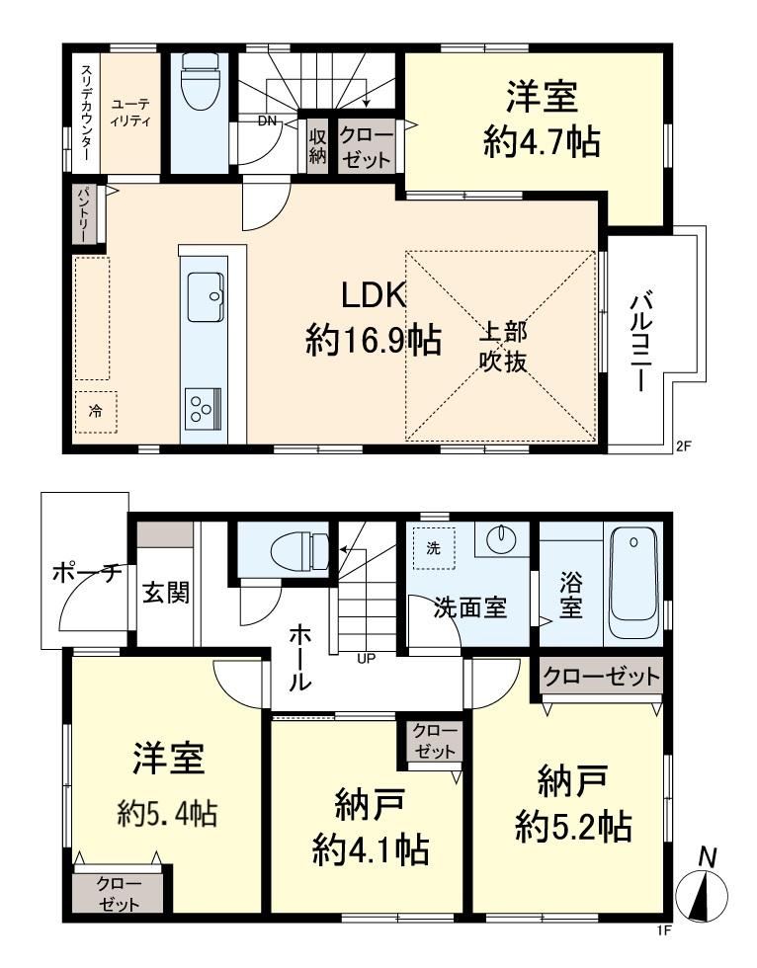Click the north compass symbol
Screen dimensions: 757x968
click(702, 890)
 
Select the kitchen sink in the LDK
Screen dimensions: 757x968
click(206, 295)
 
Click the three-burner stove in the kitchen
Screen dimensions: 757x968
click(204, 407)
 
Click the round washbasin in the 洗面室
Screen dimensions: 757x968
click(501, 539)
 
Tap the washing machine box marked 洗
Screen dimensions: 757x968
click(434, 547)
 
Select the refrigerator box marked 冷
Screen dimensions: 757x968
click(96, 411)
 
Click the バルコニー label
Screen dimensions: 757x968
click(639, 343)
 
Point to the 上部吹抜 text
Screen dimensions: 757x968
click(503, 347)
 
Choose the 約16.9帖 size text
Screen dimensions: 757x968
click(374, 339)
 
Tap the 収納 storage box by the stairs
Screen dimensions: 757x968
click(317, 146)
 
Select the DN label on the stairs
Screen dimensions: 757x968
click(267, 121)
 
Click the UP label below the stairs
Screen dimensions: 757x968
click(367, 658)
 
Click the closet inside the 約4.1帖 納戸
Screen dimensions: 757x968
click(435, 742)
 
